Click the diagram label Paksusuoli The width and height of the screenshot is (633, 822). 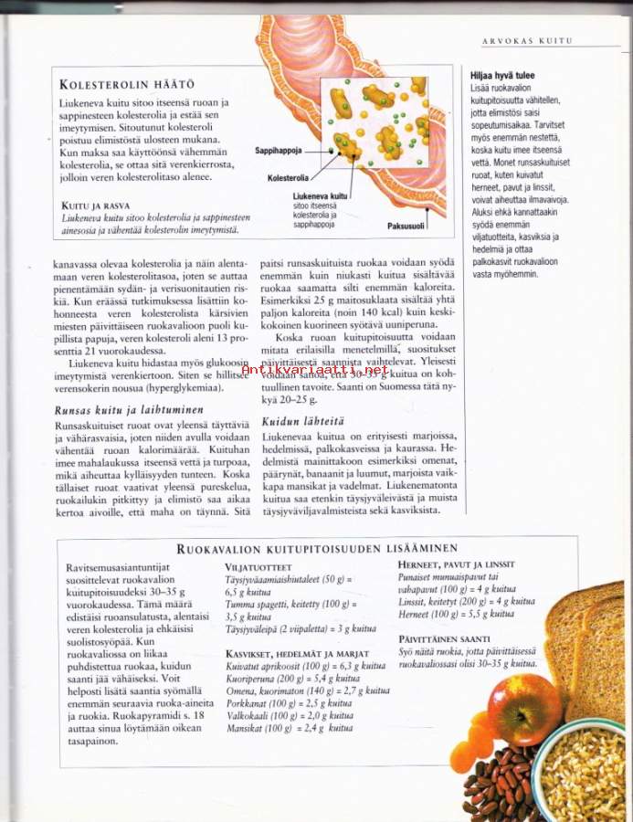point(406,225)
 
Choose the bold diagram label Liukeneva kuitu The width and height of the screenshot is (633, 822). point(319,196)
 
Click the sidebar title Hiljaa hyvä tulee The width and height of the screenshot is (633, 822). point(502,76)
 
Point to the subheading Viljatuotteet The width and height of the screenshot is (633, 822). point(259,567)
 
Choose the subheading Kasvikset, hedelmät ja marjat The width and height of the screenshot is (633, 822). point(296,654)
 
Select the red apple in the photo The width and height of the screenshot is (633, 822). point(524,711)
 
